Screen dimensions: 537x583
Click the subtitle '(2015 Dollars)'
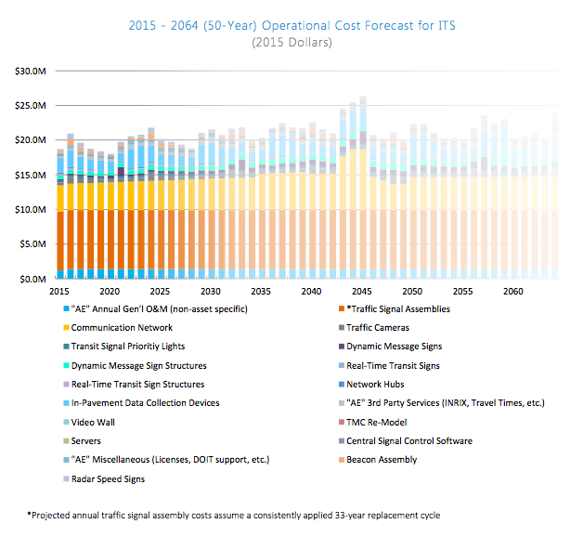[x=291, y=43]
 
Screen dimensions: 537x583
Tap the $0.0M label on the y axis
[x=33, y=279]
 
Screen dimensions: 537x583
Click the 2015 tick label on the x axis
[x=59, y=292]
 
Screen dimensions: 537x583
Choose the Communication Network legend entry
[x=122, y=327]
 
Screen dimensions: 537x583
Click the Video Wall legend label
[x=93, y=422]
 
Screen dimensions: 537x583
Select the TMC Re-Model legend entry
[x=388, y=422]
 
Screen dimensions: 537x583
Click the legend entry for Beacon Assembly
[x=394, y=459]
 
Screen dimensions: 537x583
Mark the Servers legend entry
[x=86, y=440]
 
